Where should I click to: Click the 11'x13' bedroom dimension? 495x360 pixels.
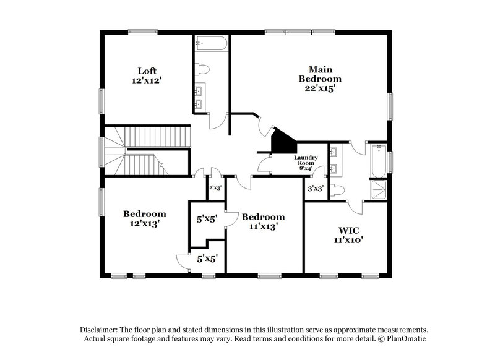pos(263,227)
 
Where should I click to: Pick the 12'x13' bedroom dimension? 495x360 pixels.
pos(145,225)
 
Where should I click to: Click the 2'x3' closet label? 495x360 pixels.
pos(215,187)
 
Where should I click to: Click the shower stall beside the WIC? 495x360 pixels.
pos(377,190)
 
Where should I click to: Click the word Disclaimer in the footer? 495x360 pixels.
pos(100,330)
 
